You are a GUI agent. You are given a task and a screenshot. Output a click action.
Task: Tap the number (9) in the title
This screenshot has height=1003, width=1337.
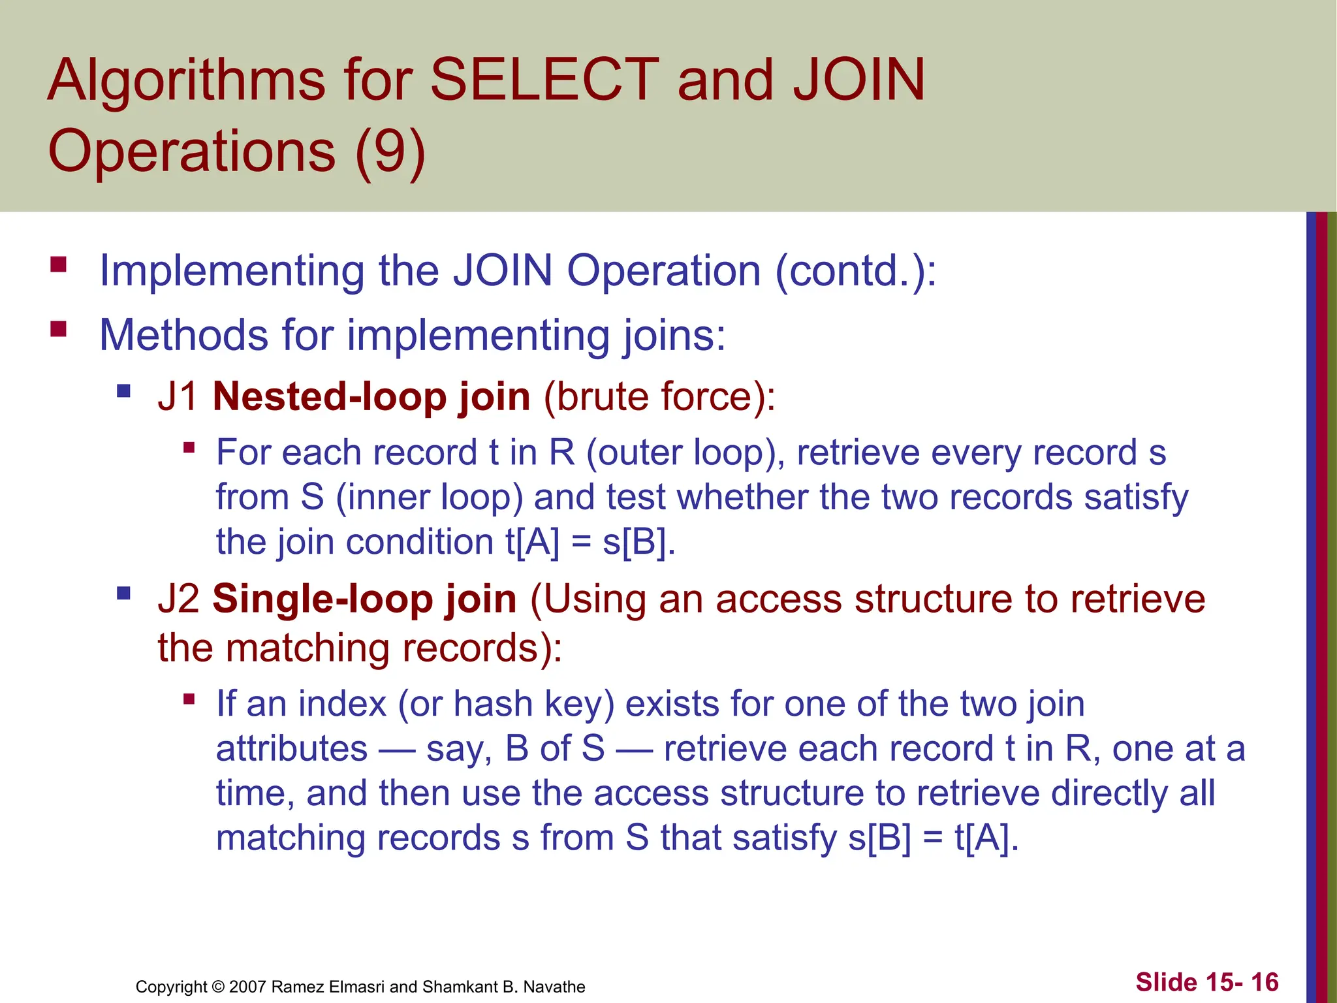(x=390, y=151)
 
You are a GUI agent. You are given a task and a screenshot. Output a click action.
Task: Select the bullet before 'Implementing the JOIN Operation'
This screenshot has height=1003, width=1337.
(x=59, y=264)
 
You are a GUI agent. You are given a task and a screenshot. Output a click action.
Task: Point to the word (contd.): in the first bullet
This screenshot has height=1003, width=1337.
(x=856, y=270)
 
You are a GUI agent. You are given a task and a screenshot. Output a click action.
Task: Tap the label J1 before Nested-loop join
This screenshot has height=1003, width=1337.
(x=178, y=396)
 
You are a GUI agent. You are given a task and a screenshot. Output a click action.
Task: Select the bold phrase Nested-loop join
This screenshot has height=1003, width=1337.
(x=371, y=396)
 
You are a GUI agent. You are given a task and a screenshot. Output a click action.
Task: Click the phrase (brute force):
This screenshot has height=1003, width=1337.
(x=659, y=396)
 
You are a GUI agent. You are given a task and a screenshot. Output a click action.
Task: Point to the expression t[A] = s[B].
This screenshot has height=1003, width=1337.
(x=591, y=542)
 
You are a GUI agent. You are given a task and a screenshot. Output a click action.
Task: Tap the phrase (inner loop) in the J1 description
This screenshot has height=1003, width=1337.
(x=430, y=498)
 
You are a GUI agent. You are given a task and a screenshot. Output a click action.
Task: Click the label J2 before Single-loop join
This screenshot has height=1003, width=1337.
(x=178, y=599)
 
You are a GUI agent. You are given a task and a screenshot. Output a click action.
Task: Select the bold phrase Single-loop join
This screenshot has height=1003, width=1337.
(x=364, y=599)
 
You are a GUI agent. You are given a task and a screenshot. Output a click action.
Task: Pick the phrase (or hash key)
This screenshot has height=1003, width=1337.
(x=506, y=705)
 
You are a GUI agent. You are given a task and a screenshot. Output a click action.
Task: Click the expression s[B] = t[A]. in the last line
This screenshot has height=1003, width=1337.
(x=934, y=838)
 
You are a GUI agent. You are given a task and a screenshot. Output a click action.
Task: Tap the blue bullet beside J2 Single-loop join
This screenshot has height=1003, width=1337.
(x=123, y=594)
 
